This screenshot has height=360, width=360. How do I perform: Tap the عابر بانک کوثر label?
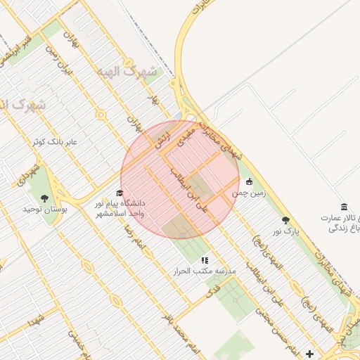57,141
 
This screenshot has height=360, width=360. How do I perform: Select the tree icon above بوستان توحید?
45,198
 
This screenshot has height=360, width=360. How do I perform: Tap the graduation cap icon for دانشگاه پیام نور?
119,193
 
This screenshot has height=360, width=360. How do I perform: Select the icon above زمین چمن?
249,182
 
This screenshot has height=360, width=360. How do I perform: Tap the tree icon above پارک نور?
285,220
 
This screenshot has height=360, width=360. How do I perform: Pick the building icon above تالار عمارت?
344,206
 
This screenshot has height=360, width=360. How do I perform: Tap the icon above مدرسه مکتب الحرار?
205,260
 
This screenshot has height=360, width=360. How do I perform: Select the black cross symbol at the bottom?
310,352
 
